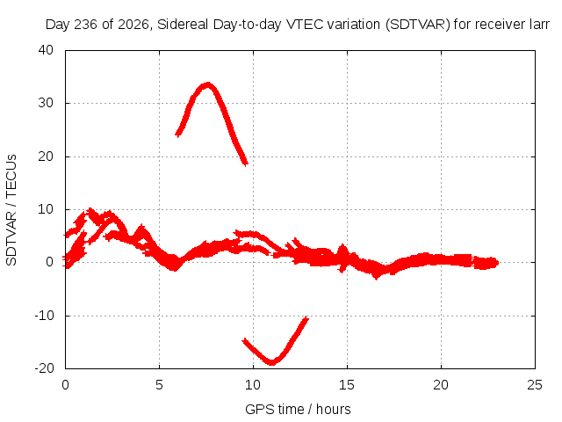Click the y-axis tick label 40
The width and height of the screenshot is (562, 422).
coord(46,50)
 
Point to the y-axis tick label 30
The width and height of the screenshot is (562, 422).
coord(46,103)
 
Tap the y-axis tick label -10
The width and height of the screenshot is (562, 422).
coord(44,316)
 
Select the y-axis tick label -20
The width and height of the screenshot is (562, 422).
coord(44,368)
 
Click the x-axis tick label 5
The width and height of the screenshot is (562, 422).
coord(159,385)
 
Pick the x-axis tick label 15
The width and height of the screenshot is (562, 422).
coord(347,385)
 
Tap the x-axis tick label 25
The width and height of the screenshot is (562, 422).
coord(535,385)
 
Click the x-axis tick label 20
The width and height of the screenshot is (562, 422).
coord(441,385)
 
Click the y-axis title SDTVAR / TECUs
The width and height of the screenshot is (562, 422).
coord(11,210)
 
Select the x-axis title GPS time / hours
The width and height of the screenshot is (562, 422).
coord(298,409)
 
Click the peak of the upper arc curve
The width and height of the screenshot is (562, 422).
coord(207,85)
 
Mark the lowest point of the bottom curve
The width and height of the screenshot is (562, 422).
coord(272,363)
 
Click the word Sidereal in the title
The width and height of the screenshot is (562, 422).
coord(183,25)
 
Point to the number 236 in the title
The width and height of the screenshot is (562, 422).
coord(86,25)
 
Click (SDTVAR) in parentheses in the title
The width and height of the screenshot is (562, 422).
coord(418,25)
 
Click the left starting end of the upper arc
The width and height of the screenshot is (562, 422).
coord(177,135)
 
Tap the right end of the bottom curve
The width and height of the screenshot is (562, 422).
coord(306,318)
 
